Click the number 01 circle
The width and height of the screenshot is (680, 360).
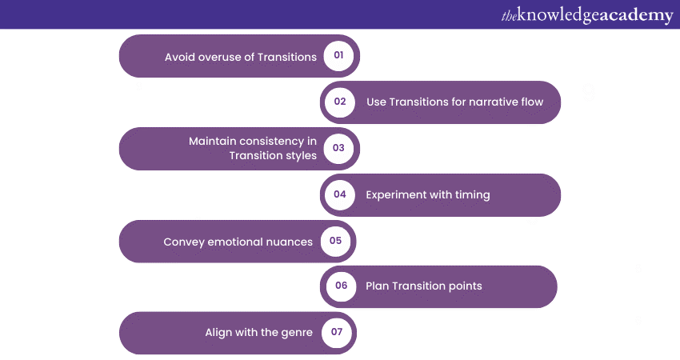click(338, 55)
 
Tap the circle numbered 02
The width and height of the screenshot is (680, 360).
click(340, 102)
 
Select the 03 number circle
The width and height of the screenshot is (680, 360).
click(338, 148)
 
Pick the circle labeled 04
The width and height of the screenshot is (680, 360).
click(340, 194)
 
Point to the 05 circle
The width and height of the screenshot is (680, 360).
click(336, 241)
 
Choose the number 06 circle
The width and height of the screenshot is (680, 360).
click(342, 286)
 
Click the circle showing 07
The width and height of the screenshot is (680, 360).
click(337, 332)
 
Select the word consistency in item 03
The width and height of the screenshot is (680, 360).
click(271, 142)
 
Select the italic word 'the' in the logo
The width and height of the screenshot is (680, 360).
click(509, 16)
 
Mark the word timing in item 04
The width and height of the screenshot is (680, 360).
click(472, 195)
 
